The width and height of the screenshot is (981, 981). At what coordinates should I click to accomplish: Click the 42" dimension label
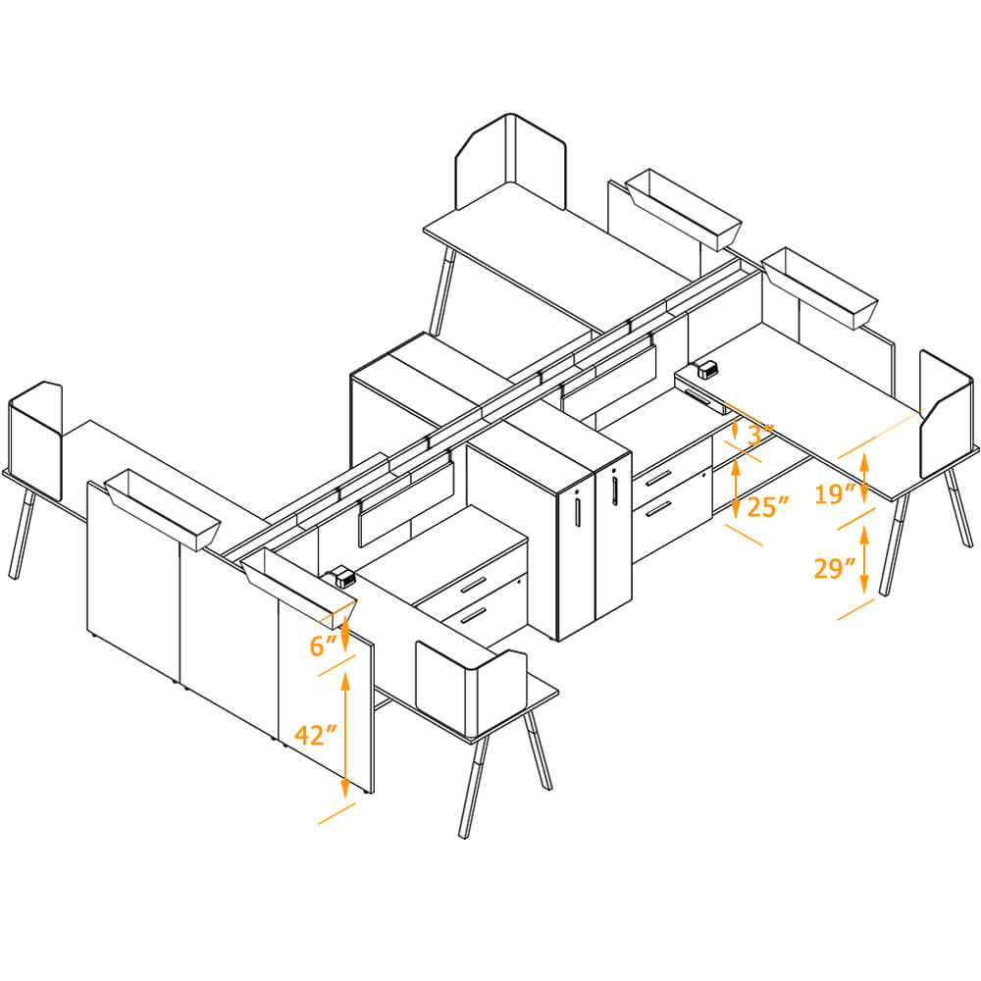tap(316, 735)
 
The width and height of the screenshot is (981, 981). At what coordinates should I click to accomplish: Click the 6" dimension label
tap(323, 645)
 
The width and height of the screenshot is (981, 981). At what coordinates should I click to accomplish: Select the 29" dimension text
tap(835, 567)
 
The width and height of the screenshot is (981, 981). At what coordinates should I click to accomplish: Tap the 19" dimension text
tap(835, 493)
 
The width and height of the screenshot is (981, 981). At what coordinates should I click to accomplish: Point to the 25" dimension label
tap(767, 507)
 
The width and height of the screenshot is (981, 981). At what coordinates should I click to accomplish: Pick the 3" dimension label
tap(759, 433)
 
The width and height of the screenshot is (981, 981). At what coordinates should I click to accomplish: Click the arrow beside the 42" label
tap(345, 735)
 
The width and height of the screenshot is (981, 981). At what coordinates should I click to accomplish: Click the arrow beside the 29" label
tap(863, 559)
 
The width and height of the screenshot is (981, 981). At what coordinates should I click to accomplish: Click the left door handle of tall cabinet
tap(578, 509)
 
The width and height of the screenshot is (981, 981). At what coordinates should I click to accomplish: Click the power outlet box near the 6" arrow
tap(343, 578)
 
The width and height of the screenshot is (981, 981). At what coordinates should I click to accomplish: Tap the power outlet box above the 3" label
tap(706, 371)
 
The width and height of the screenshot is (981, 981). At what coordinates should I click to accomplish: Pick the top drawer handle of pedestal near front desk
tap(474, 586)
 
